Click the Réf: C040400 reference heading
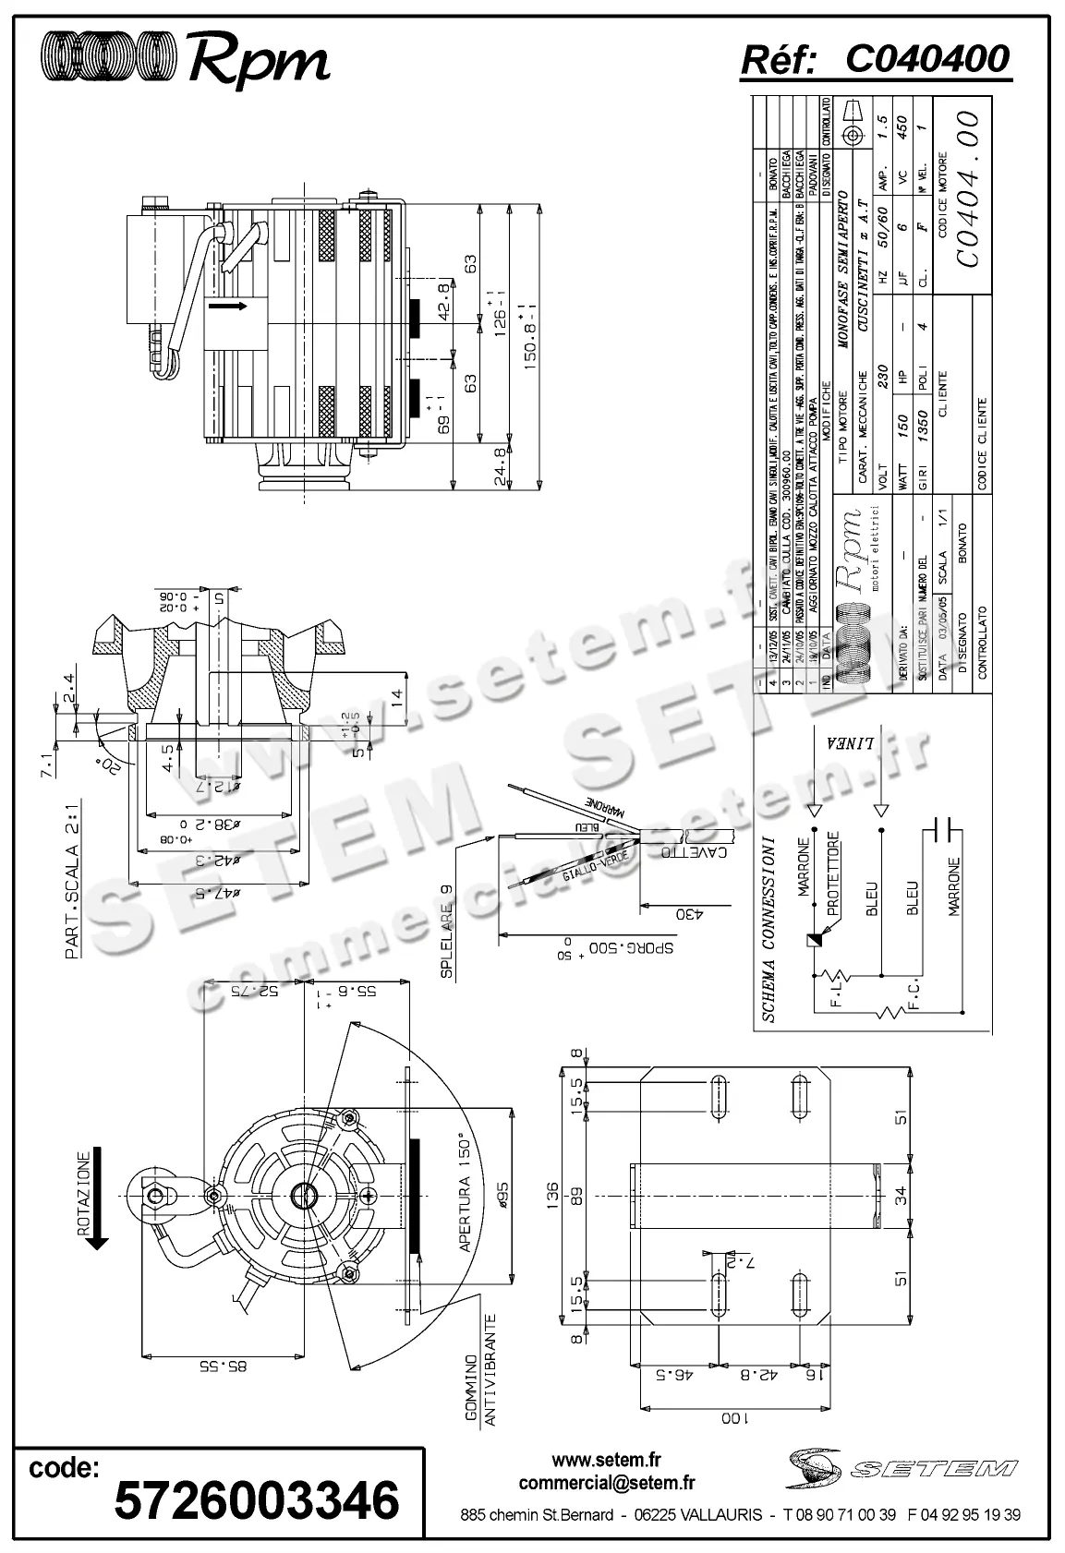click(x=875, y=60)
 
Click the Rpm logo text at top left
click(x=259, y=62)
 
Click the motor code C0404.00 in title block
click(x=966, y=189)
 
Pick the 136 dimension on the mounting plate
click(x=553, y=1195)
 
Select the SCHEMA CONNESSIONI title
click(x=768, y=930)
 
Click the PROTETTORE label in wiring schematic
click(x=833, y=873)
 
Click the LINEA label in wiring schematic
click(x=838, y=745)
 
